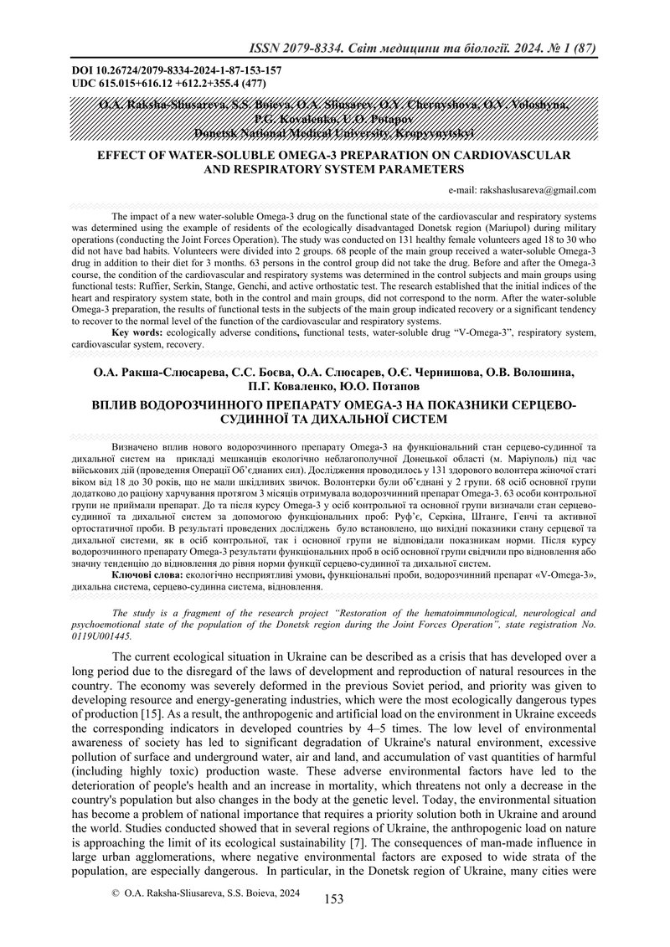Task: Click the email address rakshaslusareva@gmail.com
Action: pyautogui.click(x=522, y=190)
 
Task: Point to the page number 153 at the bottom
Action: pyautogui.click(x=334, y=899)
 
